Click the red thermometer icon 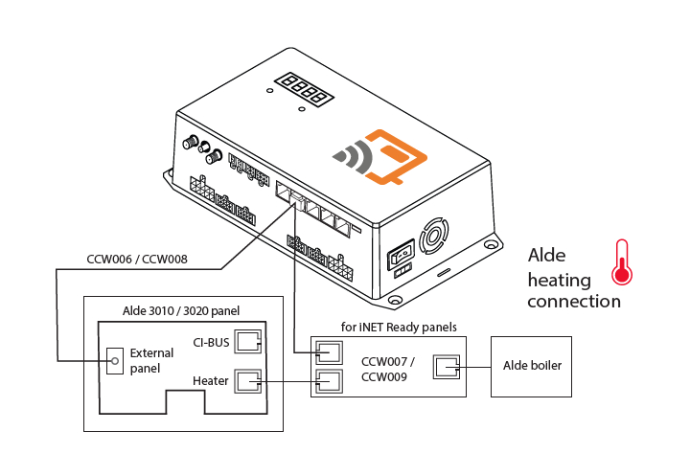coord(623,263)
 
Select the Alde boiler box coord(532,366)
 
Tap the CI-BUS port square coord(249,342)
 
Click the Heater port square coord(249,381)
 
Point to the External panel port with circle coord(114,360)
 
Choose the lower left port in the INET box coord(328,381)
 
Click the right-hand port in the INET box coord(448,366)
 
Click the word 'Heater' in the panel coord(211,381)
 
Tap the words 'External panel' coord(151,360)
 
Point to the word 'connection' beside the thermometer coord(574,301)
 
